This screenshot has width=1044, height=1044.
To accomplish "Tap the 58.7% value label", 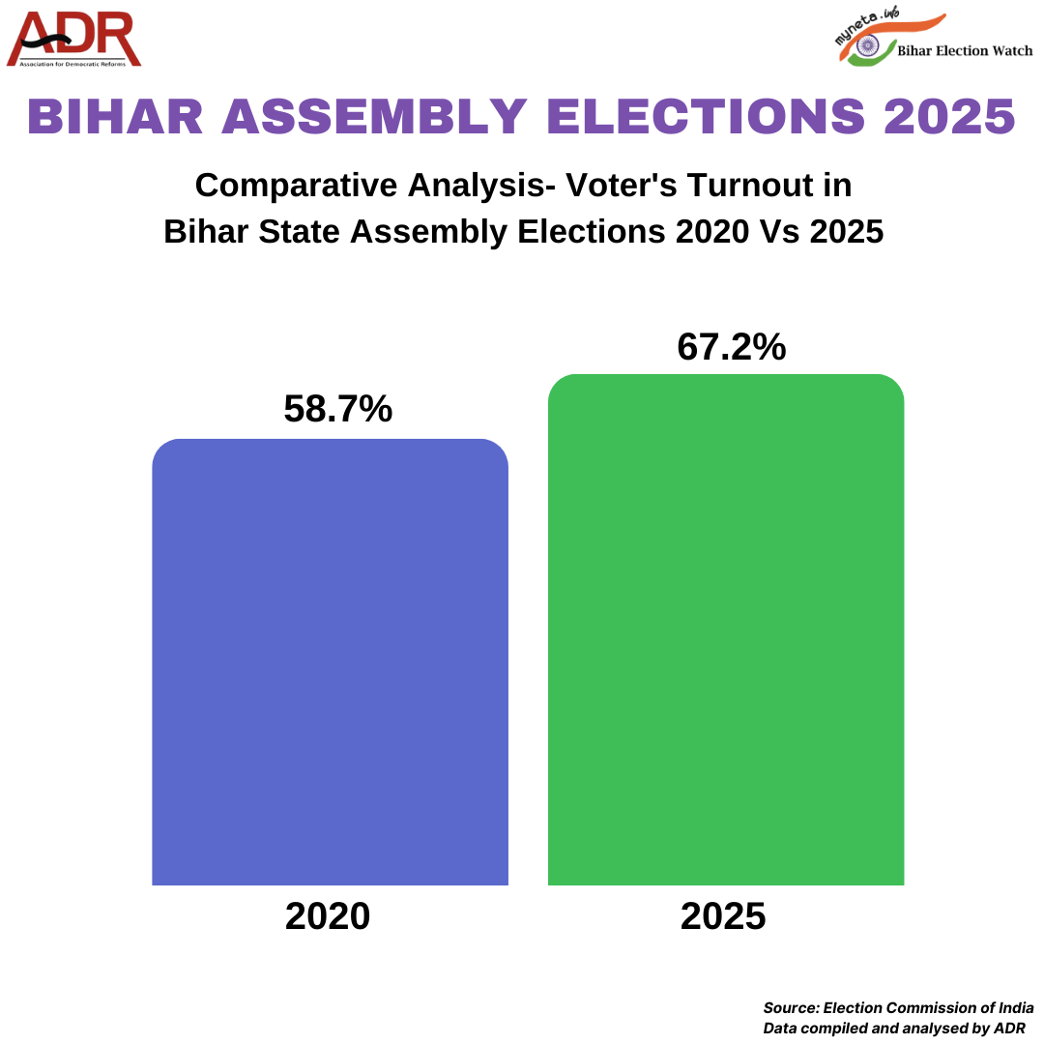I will pos(337,409).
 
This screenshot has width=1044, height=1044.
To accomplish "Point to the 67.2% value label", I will pos(732,347).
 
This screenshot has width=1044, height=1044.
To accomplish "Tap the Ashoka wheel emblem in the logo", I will pos(867,45).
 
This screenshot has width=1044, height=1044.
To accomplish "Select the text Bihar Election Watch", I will pos(965,50).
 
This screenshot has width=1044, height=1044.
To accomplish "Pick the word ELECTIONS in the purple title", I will pos(707,117).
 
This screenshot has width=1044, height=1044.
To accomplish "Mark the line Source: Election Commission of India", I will pos(898,1007).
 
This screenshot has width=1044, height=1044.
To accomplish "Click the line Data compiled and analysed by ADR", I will pos(894,1028).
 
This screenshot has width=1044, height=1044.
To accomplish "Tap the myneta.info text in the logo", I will pos(862,23).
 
